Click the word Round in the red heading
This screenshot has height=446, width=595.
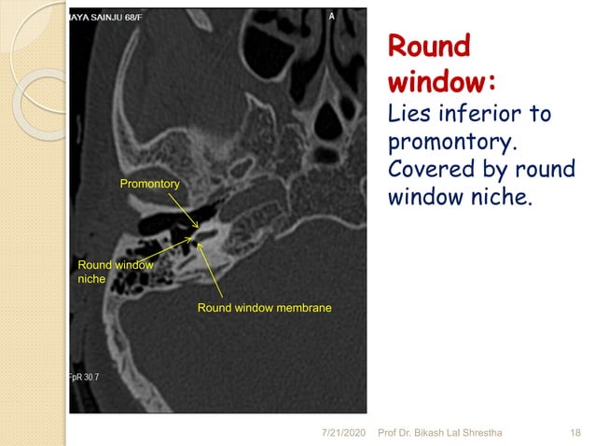[x=429, y=47]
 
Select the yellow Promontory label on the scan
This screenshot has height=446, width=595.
[x=149, y=185]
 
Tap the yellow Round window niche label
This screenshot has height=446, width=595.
[x=115, y=272]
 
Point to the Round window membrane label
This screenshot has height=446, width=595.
[x=264, y=307]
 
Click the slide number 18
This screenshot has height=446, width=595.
[x=575, y=433]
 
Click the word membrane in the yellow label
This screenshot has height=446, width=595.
[x=299, y=307]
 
